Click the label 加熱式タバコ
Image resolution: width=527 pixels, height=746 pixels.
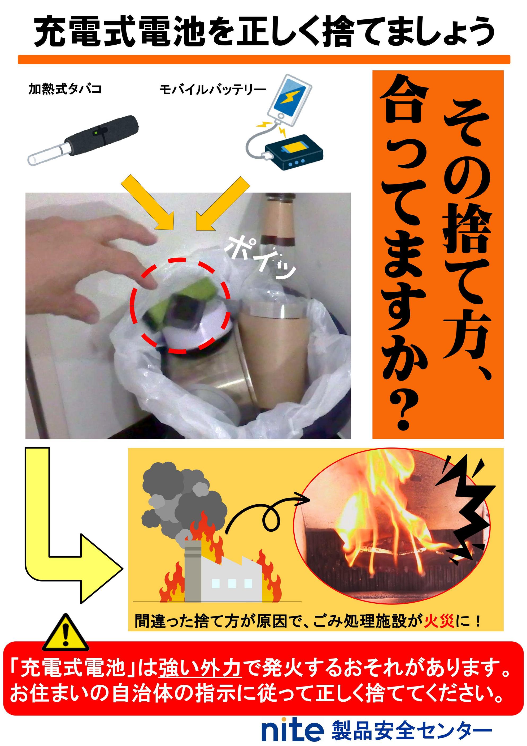65,89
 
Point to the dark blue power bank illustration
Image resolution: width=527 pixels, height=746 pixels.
294,152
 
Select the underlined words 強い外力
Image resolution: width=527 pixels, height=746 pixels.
200,667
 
